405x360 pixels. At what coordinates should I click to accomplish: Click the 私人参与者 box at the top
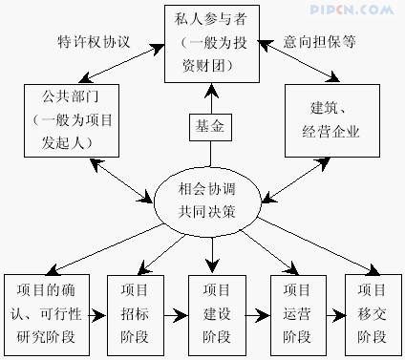click(x=202, y=43)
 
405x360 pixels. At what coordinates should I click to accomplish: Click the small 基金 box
click(x=209, y=127)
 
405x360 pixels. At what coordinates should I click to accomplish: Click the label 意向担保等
click(x=321, y=43)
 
